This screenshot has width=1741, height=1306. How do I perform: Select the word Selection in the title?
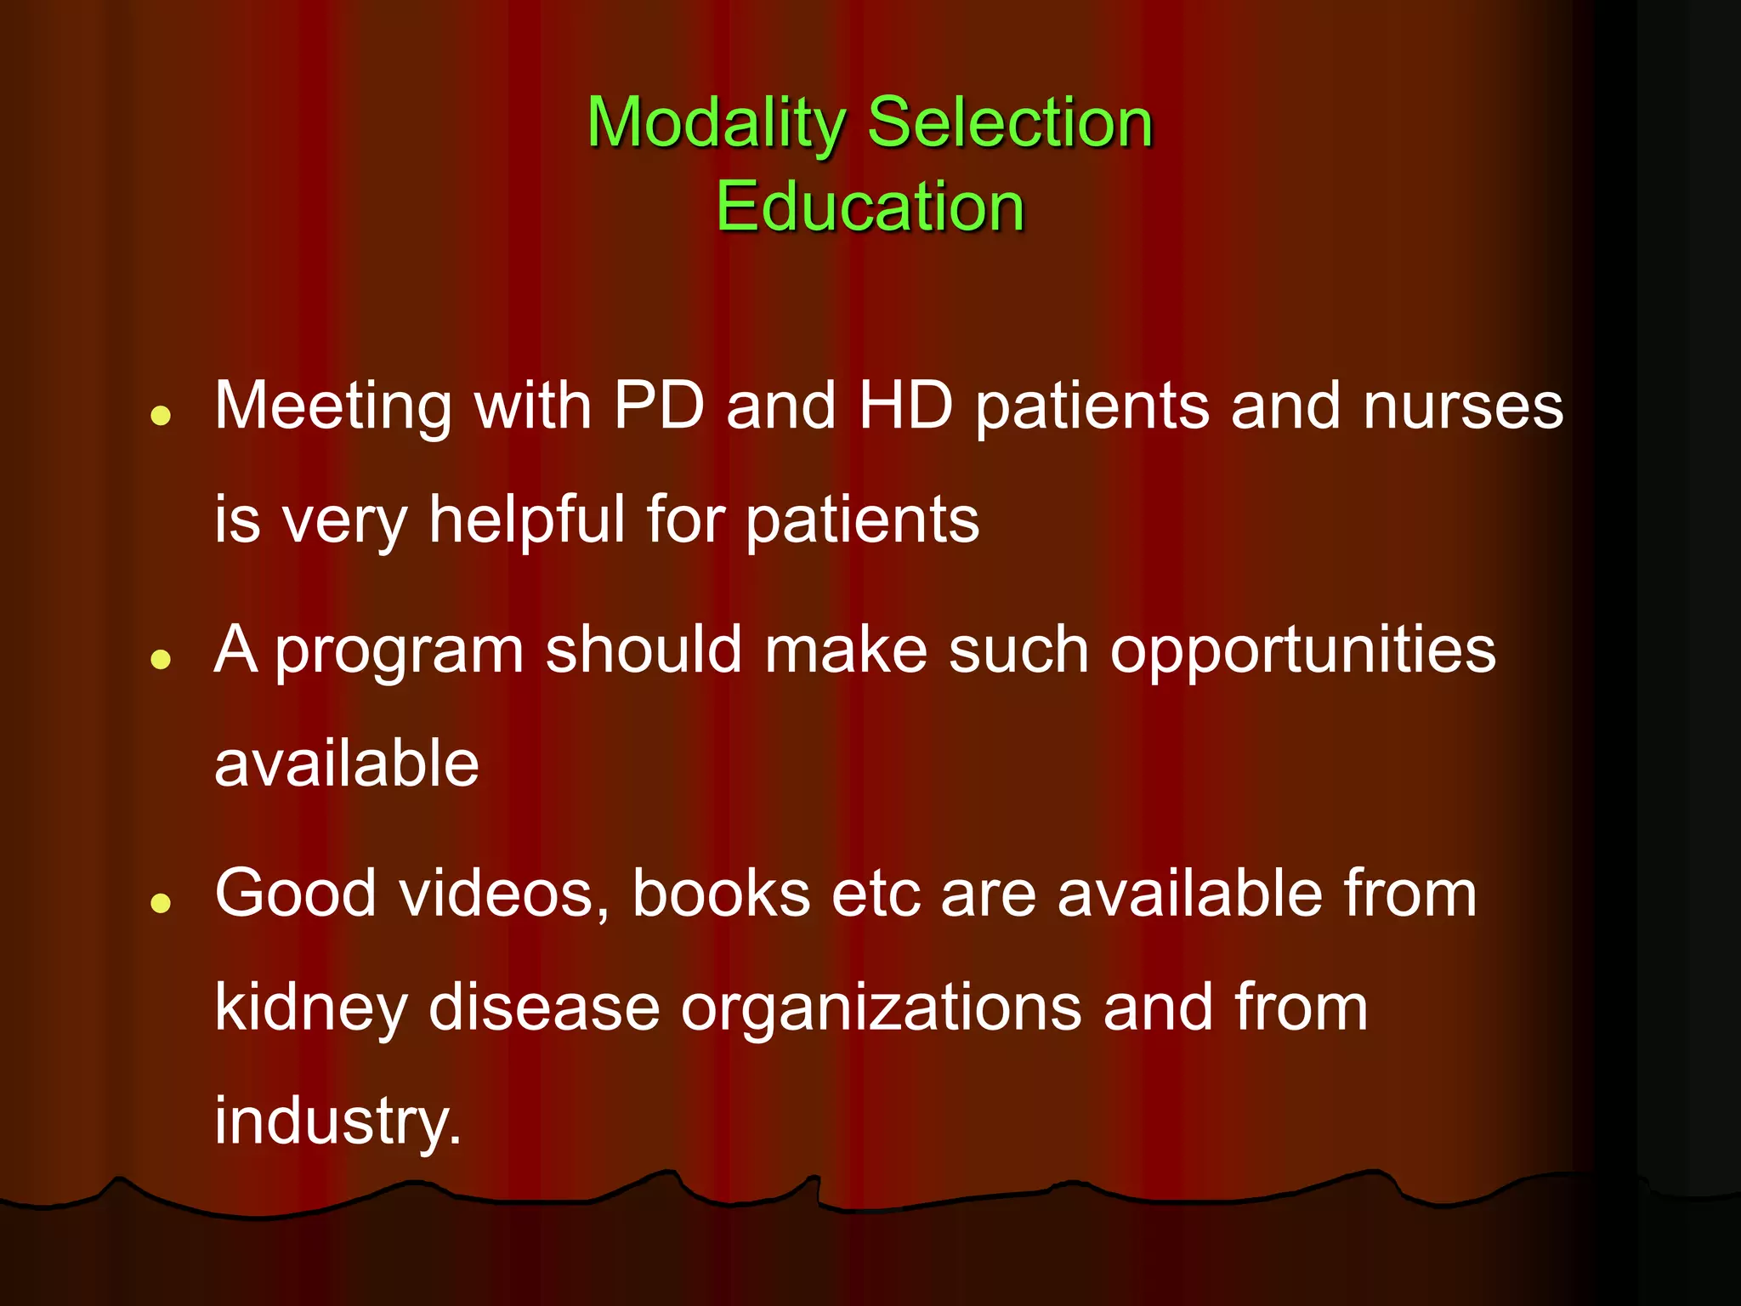click(1010, 123)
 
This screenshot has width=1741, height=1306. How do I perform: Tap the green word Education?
click(870, 207)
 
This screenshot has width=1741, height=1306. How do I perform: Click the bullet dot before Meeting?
click(161, 416)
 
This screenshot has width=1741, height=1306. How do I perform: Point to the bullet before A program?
click(161, 659)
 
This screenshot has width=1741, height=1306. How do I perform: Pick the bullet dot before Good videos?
click(161, 903)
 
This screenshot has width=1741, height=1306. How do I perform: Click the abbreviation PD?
click(659, 406)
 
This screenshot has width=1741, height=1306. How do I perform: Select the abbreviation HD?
click(905, 406)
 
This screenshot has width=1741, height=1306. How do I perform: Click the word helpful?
click(527, 520)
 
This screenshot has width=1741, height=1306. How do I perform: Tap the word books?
click(721, 894)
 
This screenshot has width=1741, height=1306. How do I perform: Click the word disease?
click(544, 1008)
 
